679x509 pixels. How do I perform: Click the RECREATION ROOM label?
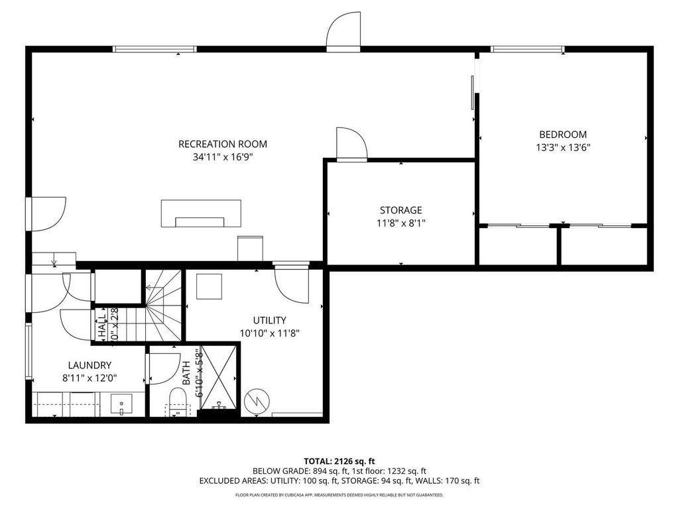coord(223,144)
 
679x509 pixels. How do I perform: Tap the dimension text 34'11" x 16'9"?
coord(223,157)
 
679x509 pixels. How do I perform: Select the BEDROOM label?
coord(562,135)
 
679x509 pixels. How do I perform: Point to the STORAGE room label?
coord(401,210)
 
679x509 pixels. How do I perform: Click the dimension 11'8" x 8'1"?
coord(401,223)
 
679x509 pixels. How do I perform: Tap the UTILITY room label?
coord(270,320)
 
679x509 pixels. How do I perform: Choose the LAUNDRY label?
coord(90,365)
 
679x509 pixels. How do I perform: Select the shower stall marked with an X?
coord(218,378)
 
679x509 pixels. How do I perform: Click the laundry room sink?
coord(121,404)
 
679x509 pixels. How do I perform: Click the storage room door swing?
coord(351,144)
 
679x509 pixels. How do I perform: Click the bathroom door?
coord(163,368)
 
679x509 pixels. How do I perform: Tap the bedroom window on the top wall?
coord(527,49)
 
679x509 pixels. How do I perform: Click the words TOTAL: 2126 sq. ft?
coord(339,461)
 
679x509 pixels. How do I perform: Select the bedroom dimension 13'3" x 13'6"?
coord(562,148)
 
